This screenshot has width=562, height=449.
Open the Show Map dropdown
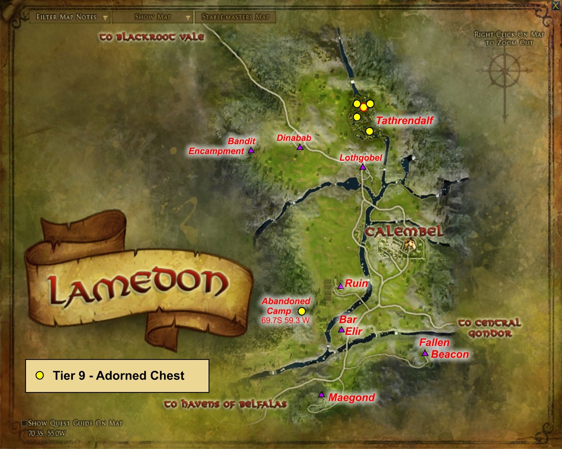(x=153, y=17)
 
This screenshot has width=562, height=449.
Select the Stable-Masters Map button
(x=235, y=17)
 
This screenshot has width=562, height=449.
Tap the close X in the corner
(x=556, y=5)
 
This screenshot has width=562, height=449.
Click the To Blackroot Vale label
(x=151, y=37)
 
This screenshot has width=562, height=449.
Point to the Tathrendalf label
(x=405, y=121)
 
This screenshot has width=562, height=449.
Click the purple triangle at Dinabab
(x=300, y=147)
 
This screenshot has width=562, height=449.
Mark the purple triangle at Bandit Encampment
(x=251, y=150)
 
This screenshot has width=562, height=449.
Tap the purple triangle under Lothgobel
(x=363, y=167)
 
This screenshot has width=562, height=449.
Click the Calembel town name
(x=404, y=232)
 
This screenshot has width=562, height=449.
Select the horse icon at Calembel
(x=410, y=244)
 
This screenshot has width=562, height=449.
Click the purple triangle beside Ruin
(x=340, y=286)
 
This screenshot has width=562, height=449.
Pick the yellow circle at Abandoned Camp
(x=302, y=311)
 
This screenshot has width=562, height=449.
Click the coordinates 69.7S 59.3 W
(x=285, y=320)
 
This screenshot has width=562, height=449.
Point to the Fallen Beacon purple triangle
(x=425, y=353)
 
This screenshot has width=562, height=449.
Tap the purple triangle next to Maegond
(x=321, y=395)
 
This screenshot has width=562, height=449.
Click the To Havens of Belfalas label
(x=225, y=404)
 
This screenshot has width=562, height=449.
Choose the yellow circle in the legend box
(x=40, y=376)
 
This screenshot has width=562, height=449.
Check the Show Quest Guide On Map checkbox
(x=24, y=423)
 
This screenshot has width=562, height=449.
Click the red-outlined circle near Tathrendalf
(x=364, y=108)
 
